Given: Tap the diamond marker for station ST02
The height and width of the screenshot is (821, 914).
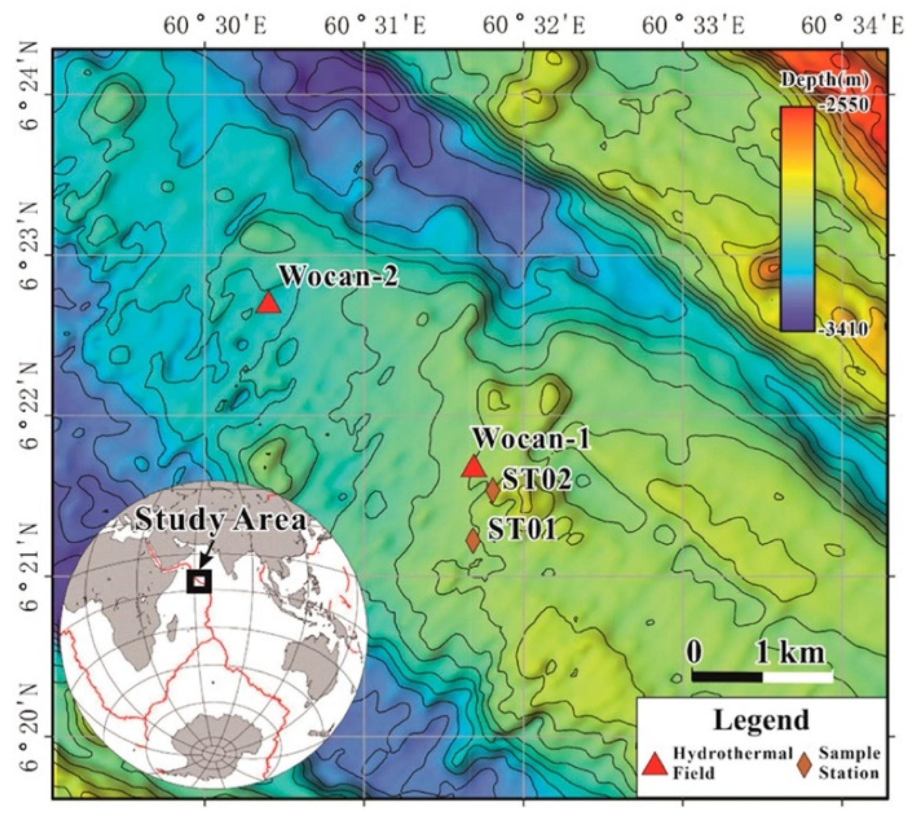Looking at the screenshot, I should (x=493, y=491).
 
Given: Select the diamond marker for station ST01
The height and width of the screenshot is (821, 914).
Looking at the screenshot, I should (x=473, y=540).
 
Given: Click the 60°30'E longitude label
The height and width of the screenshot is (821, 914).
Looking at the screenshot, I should (x=215, y=26).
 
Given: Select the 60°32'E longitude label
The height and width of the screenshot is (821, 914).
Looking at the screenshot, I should (x=534, y=26).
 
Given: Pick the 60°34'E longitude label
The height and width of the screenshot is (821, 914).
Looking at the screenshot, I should (x=853, y=26).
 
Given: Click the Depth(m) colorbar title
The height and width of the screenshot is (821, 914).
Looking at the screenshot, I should (x=824, y=81).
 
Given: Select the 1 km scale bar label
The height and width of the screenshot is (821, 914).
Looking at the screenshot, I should (x=790, y=653).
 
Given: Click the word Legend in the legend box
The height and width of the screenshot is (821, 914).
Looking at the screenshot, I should (x=761, y=721).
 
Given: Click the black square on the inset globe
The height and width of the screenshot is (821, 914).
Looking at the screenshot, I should (x=199, y=581).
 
